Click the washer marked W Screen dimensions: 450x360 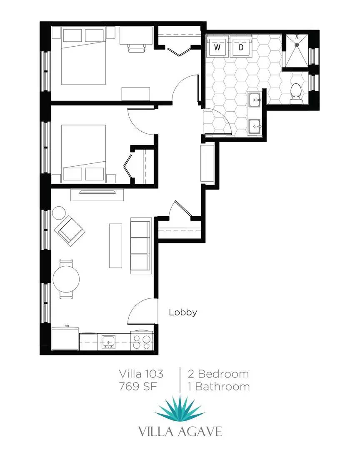click(217, 47)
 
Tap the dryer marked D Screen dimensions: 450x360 click(240, 47)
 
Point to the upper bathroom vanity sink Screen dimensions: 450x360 click(255, 100)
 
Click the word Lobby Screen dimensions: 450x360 click(182, 312)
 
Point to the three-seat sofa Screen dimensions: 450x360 click(140, 245)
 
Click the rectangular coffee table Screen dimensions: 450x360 click(115, 245)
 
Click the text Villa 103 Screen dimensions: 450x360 click(141, 373)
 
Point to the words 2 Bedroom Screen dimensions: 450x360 click(218, 373)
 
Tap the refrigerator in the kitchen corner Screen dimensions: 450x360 click(65, 338)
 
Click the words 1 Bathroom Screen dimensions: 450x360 click(218, 386)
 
